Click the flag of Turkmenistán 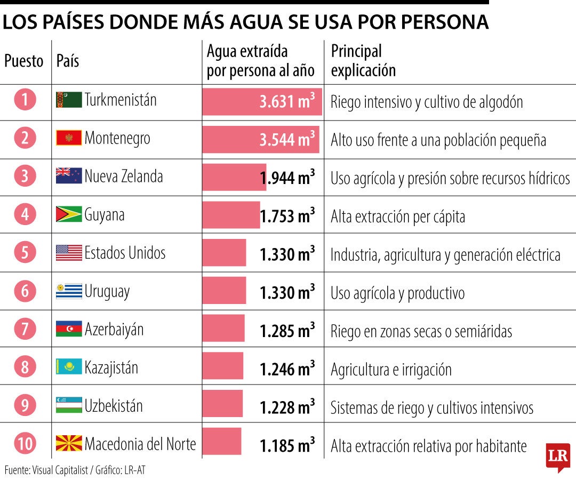point(69,100)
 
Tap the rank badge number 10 point(25,443)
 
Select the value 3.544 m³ point(287,139)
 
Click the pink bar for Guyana point(231,215)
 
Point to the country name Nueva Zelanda point(124,177)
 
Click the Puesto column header point(24,61)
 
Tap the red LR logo point(558,457)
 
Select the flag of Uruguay point(69,291)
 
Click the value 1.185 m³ point(287,445)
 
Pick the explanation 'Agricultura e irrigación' point(391,370)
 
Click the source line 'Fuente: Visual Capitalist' point(46,470)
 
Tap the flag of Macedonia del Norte point(69,443)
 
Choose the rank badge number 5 point(25,252)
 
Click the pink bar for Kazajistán point(222,366)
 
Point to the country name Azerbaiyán point(114,330)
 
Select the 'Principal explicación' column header point(363,61)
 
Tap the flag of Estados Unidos point(69,253)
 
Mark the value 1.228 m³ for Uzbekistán point(287,407)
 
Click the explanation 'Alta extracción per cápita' point(398,217)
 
